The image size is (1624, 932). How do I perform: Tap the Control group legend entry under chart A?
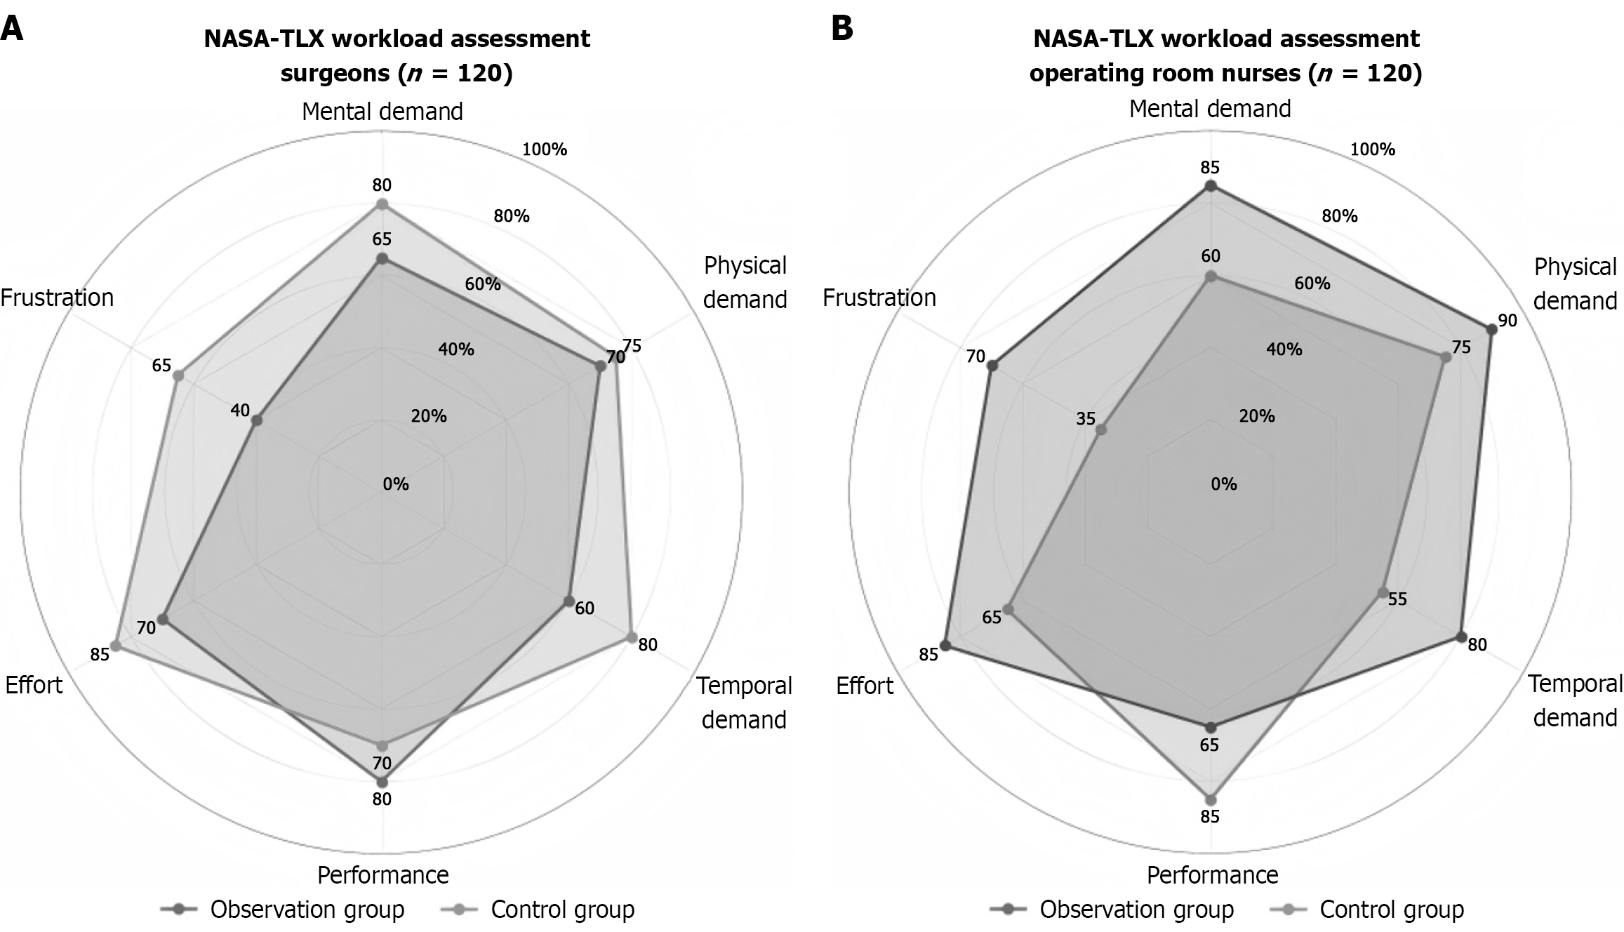click(x=561, y=910)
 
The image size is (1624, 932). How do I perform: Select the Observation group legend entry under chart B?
click(x=1136, y=910)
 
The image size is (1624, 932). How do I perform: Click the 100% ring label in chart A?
click(x=545, y=149)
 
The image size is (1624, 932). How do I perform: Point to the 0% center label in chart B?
click(x=1224, y=484)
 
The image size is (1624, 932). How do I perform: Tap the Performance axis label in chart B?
click(x=1212, y=874)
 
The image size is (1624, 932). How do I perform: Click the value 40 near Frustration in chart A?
click(x=240, y=411)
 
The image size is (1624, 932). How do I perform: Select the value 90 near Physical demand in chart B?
click(x=1507, y=321)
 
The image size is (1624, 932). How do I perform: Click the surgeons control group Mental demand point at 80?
click(x=382, y=204)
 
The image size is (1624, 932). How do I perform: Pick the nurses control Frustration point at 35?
click(x=1101, y=430)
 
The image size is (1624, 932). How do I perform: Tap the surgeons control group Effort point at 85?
click(x=117, y=646)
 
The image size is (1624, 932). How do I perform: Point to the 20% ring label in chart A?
click(x=429, y=416)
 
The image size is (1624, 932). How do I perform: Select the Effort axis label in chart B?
click(x=865, y=685)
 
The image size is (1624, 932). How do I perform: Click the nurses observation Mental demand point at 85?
click(x=1210, y=186)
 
